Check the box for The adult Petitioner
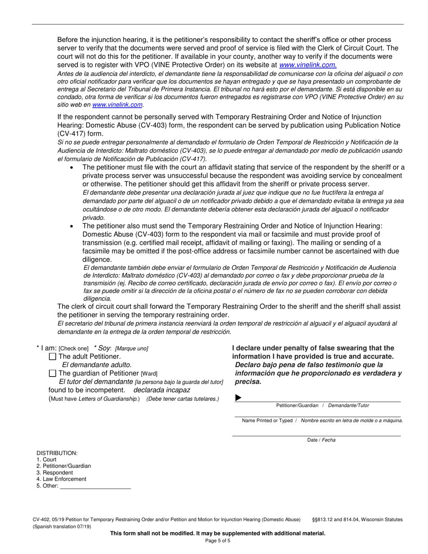pos(52,357)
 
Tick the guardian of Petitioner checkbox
pos(52,373)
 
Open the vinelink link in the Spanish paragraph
pos(118,105)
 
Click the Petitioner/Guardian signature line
pos(318,398)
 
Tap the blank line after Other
pos(95,486)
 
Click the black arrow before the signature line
pos(238,398)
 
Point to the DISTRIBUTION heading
pos(57,453)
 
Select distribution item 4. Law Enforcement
pos(61,479)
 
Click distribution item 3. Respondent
pos(55,473)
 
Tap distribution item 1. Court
pos(46,460)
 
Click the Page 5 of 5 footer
pos(218,541)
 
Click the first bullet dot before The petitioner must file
pos(72,168)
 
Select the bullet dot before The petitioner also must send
pos(72,226)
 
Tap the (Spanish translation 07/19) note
pos(62,527)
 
